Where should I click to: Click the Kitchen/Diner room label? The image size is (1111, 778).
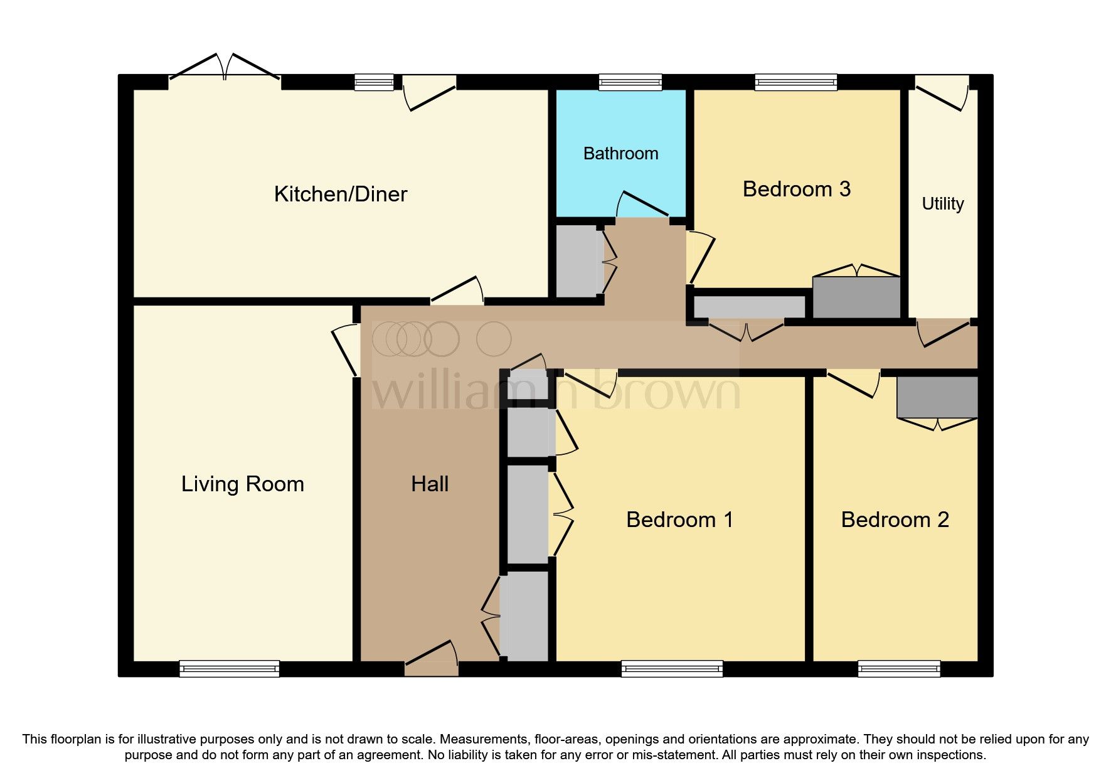pos(340,194)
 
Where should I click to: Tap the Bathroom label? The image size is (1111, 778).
pos(620,154)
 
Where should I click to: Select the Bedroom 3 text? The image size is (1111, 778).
pos(796,189)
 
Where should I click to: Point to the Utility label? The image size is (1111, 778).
pos(942,204)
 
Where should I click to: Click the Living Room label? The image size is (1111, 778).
pos(242,484)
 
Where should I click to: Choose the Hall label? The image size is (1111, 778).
pos(430,484)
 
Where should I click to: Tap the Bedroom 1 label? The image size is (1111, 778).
pos(679,520)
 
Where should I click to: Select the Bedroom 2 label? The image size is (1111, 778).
pos(895,520)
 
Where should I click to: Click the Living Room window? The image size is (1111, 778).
pos(229,669)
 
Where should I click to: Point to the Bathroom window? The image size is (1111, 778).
pos(630,82)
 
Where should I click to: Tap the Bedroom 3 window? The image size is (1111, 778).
pos(795,82)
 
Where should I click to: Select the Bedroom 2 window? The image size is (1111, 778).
pos(899,669)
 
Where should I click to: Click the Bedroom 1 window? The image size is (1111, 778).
pos(672,669)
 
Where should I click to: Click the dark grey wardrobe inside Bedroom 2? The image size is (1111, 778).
pos(937,397)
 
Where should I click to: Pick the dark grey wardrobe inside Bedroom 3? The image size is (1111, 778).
pos(856,297)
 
